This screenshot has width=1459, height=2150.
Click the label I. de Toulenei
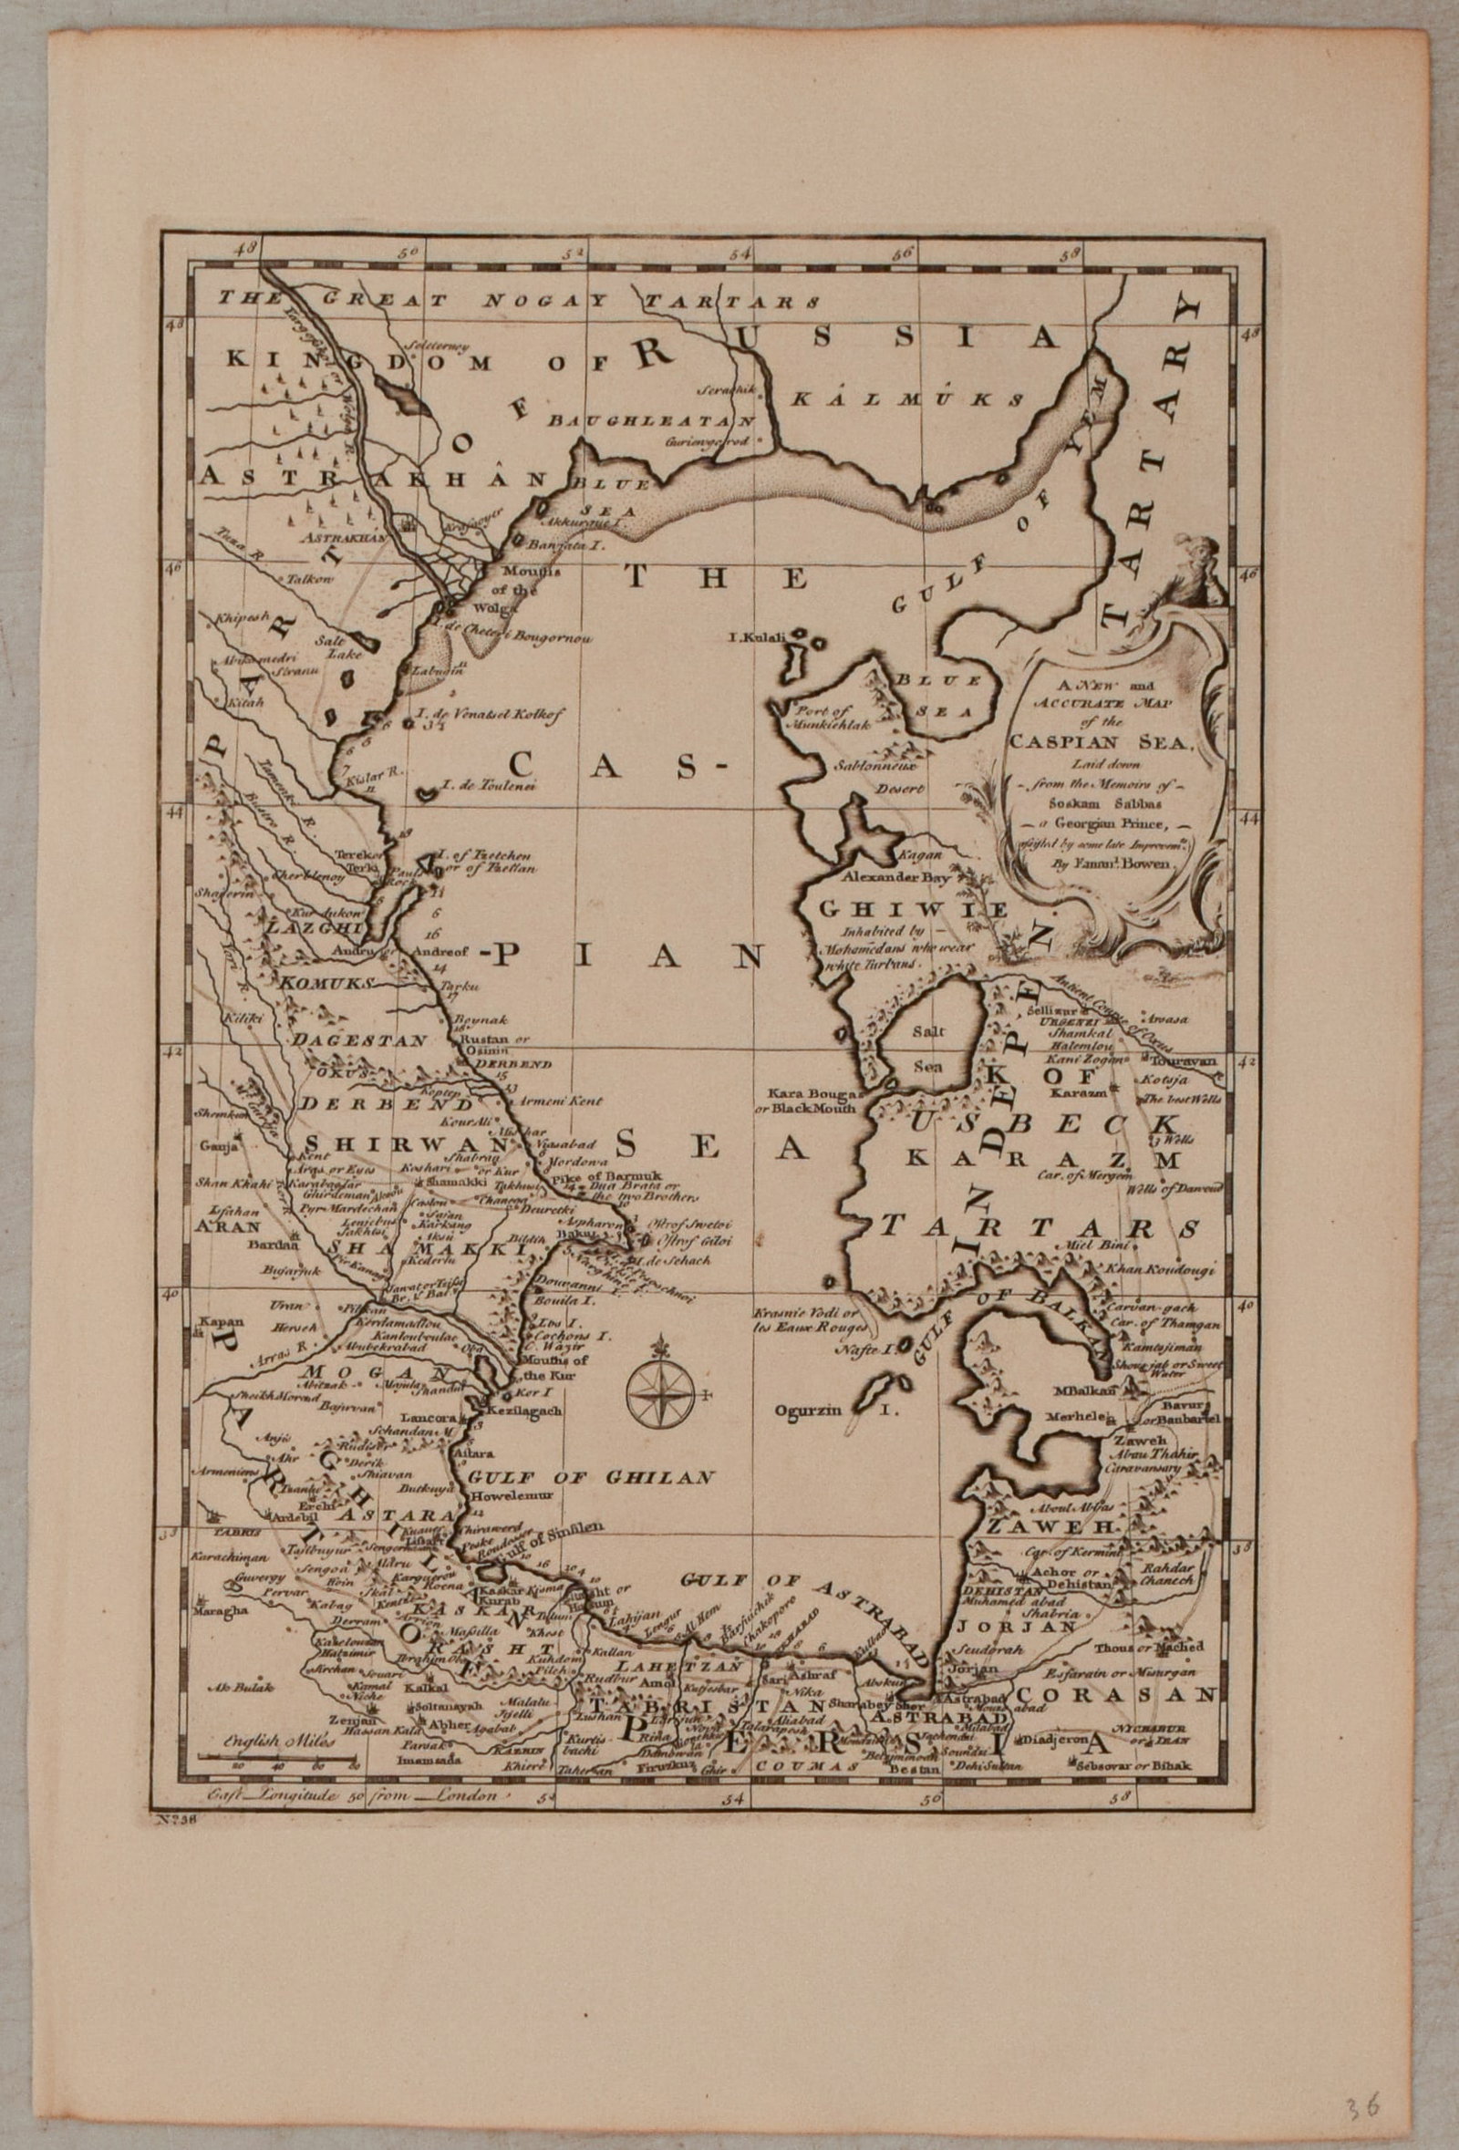tap(478, 787)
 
